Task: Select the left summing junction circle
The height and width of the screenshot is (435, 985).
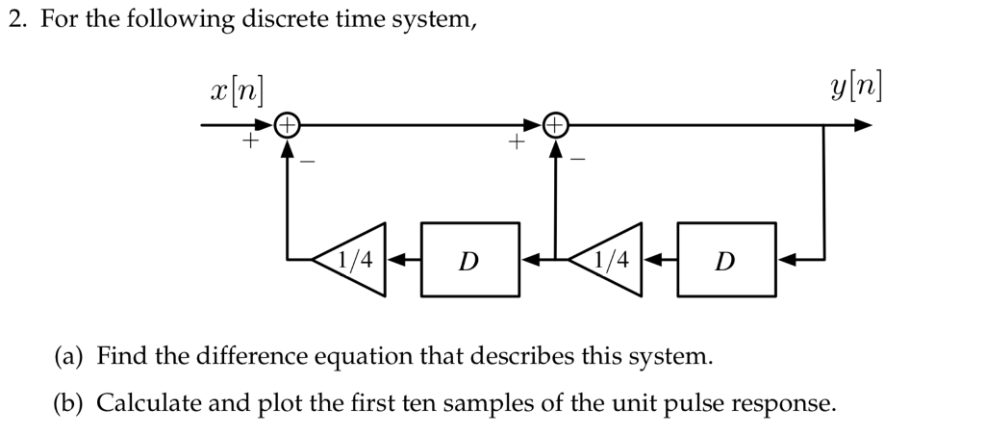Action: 288,125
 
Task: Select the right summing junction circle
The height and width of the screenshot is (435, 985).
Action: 554,125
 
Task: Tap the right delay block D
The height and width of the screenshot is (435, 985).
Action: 727,260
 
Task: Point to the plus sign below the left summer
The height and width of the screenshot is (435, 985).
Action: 248,143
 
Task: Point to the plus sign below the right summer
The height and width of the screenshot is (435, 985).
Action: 516,143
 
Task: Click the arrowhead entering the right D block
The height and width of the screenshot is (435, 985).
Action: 786,260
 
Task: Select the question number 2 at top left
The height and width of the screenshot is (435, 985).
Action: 15,20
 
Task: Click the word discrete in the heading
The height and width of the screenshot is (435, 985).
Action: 279,20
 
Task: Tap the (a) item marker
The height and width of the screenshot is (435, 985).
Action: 68,357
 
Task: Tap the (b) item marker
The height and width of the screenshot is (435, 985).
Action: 69,402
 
